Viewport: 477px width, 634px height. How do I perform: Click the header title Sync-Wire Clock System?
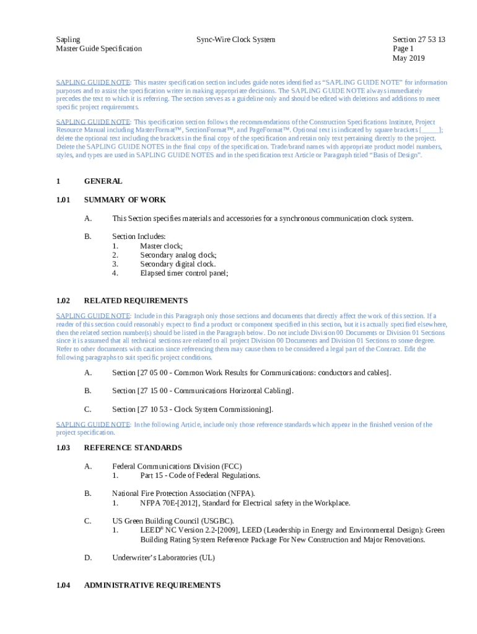[235, 40]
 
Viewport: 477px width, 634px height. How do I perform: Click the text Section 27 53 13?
[419, 40]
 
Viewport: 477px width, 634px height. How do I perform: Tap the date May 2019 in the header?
[408, 58]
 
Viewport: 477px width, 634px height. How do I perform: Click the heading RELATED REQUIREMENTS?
[136, 301]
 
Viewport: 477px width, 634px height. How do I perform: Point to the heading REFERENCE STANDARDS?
[133, 448]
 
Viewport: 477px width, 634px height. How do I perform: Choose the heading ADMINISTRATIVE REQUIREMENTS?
[152, 585]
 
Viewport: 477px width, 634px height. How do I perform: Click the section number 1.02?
[63, 301]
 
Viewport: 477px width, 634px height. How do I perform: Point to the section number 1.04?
[63, 585]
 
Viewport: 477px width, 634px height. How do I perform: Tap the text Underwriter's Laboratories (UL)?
[164, 558]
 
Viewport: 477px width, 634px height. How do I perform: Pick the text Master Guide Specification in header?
[98, 49]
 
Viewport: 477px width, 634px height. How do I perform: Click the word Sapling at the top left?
[68, 40]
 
